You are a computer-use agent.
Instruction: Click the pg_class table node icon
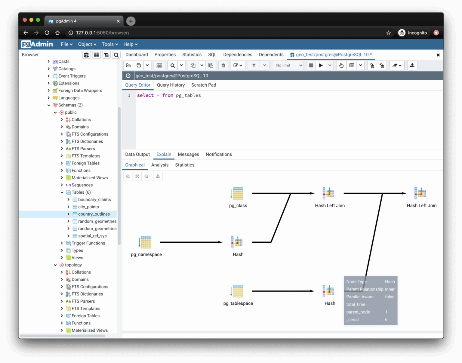coord(238,193)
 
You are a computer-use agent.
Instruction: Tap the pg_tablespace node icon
coord(238,291)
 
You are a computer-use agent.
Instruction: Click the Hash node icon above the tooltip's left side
coord(329,291)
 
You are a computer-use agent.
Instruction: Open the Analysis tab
coord(160,165)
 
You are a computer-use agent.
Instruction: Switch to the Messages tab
coord(188,154)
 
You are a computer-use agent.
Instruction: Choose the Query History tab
coord(171,85)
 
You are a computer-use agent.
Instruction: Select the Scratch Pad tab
coord(204,85)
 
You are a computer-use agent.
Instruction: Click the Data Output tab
coord(137,154)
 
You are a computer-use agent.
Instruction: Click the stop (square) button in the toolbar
coord(311,66)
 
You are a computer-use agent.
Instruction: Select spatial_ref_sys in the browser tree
coord(92,236)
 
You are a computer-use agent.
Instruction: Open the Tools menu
coord(110,44)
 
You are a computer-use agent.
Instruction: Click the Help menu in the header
coord(131,44)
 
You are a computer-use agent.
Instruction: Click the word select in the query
coord(145,95)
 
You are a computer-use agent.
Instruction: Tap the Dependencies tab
coord(238,55)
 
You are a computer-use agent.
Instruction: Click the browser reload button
coord(47,33)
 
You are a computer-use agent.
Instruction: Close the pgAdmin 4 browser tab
coord(118,21)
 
